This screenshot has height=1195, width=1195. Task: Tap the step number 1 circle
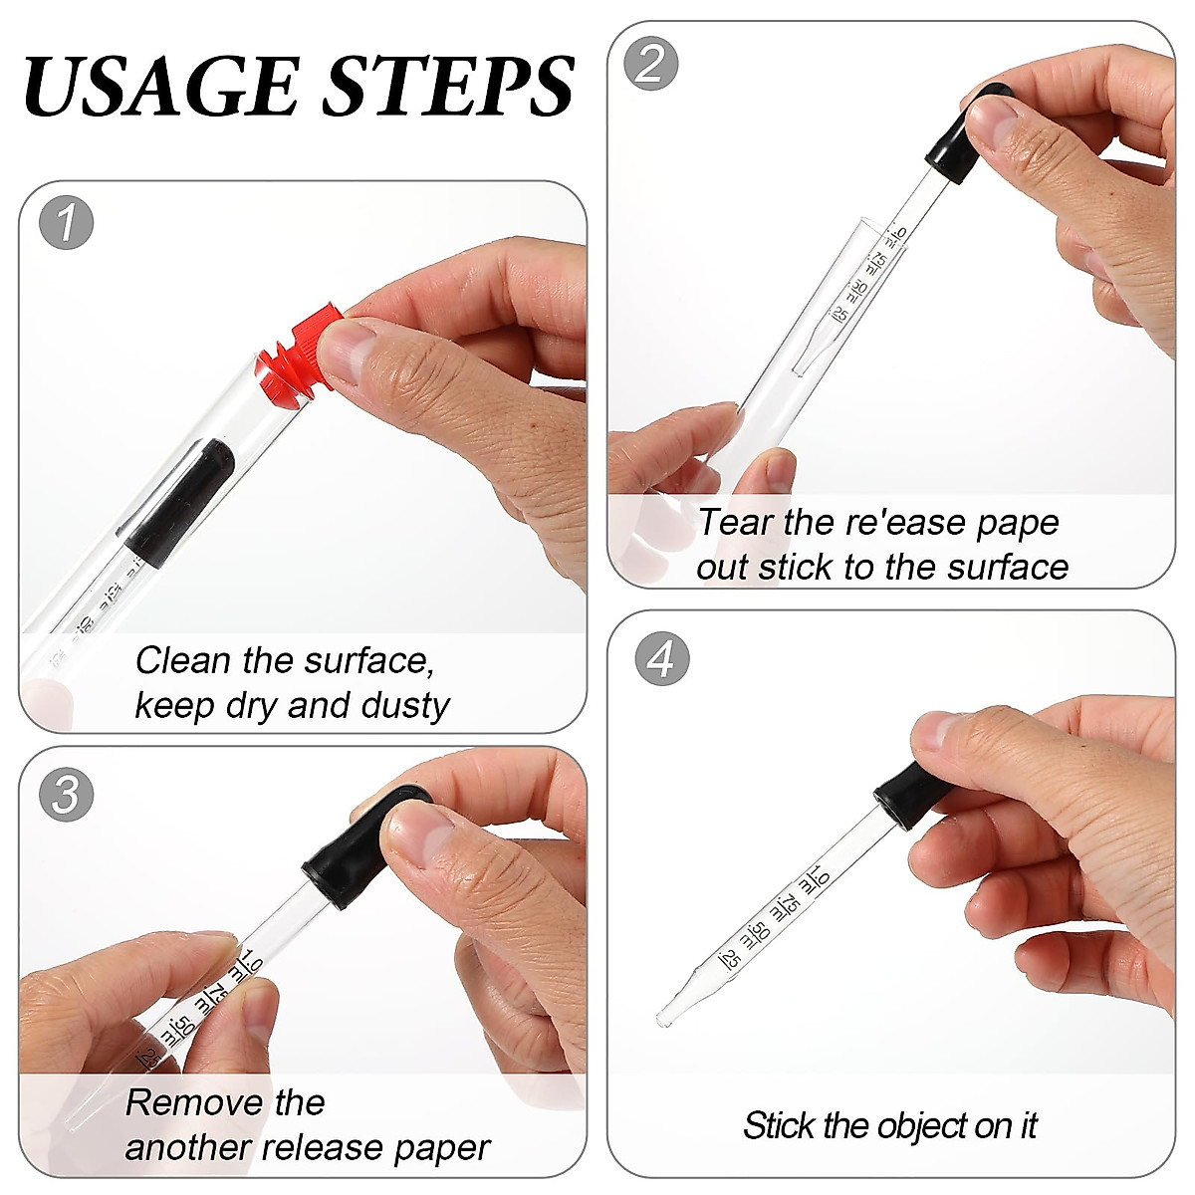66,223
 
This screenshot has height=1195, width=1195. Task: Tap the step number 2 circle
650,64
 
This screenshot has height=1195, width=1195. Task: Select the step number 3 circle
66,795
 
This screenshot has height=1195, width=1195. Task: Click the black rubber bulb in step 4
911,787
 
